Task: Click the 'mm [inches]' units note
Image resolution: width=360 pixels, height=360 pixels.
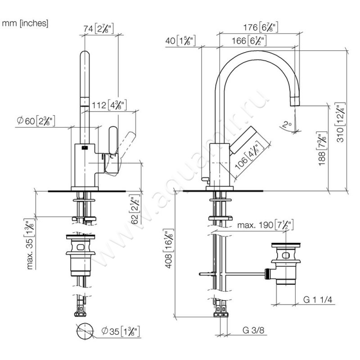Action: coord(25,23)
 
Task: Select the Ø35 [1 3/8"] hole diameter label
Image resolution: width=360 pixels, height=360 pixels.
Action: coord(121,333)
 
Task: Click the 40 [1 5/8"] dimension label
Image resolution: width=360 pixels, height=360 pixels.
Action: coord(180,41)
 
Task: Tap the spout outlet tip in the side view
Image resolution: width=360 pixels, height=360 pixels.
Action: coord(294,100)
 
